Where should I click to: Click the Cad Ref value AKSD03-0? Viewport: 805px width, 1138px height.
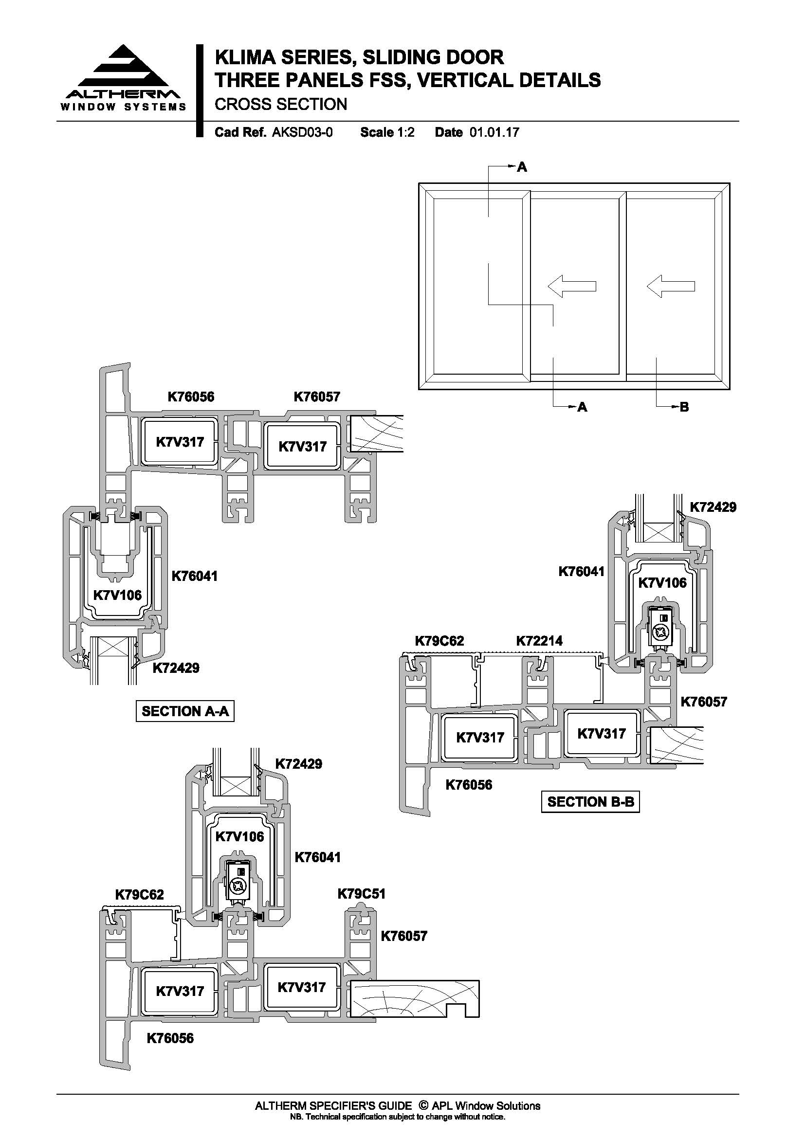(302, 132)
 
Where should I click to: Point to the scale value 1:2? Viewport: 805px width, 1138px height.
(405, 132)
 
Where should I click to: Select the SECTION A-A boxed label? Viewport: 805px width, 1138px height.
(185, 711)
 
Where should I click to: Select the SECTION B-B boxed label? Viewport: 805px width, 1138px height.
(590, 801)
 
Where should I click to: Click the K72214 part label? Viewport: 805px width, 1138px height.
(539, 641)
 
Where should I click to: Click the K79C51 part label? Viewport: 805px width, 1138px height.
(361, 894)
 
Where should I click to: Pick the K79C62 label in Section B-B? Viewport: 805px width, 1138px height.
(439, 641)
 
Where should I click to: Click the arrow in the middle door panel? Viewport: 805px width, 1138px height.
(571, 286)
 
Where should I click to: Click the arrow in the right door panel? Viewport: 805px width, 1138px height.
(671, 286)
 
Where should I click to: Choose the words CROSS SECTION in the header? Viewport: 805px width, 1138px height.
(281, 104)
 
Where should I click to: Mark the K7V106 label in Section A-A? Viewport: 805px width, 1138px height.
(117, 595)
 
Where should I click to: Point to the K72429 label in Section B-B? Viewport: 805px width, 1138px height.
(713, 507)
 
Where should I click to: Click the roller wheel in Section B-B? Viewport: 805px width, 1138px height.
(661, 632)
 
